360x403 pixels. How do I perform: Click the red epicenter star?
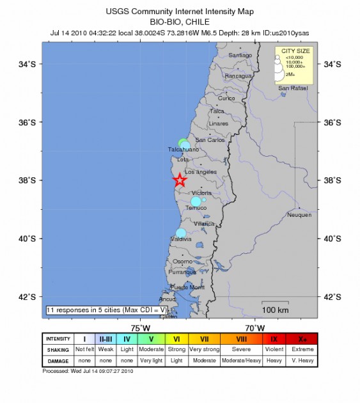click(x=179, y=180)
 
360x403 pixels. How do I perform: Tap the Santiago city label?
click(x=240, y=56)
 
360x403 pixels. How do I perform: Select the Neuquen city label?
click(x=299, y=215)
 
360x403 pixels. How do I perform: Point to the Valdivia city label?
click(x=182, y=239)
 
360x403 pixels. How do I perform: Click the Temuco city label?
click(x=196, y=208)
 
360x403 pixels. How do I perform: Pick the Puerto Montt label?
click(x=189, y=287)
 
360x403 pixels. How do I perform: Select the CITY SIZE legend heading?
click(x=294, y=51)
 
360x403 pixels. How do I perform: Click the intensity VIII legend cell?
click(x=242, y=338)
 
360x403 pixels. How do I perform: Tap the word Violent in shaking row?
click(x=274, y=349)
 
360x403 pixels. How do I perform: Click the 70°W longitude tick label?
click(x=256, y=328)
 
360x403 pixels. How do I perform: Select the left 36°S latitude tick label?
click(x=27, y=122)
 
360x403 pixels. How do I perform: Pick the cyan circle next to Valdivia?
click(x=181, y=233)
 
